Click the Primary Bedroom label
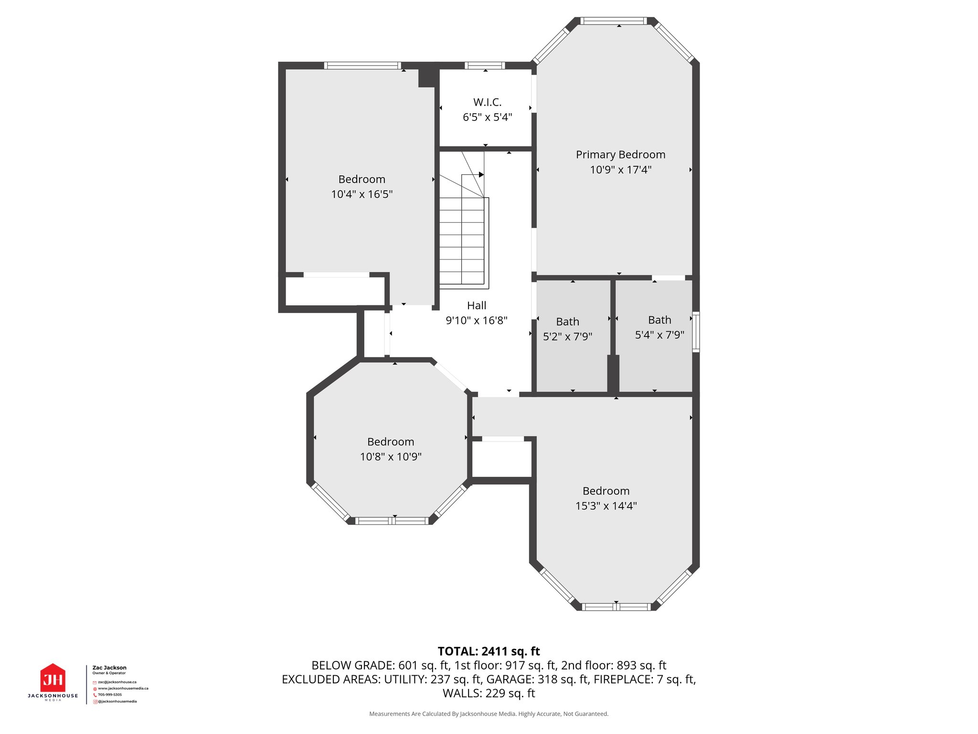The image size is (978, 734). tap(620, 155)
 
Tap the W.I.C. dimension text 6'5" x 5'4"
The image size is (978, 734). tap(487, 118)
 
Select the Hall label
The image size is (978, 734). tap(477, 306)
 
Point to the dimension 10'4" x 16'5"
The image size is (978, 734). tap(362, 194)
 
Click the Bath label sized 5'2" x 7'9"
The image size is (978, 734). tap(567, 322)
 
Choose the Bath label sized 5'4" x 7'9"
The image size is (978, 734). tap(659, 320)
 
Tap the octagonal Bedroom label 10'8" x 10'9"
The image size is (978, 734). tap(391, 442)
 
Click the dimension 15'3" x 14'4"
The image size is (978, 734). tap(606, 506)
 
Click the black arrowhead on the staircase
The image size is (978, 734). tap(481, 175)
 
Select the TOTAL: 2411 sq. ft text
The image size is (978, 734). tap(489, 651)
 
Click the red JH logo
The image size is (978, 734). tap(53, 679)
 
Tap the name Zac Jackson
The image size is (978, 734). tap(109, 668)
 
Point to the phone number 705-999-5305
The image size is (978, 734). tap(110, 695)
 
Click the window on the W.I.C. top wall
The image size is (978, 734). tap(485, 66)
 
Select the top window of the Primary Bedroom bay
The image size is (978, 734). tap(614, 21)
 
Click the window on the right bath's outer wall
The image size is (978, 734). tap(696, 332)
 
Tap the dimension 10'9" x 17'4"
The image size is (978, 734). tap(620, 170)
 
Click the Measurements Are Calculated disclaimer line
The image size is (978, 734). tap(489, 714)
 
